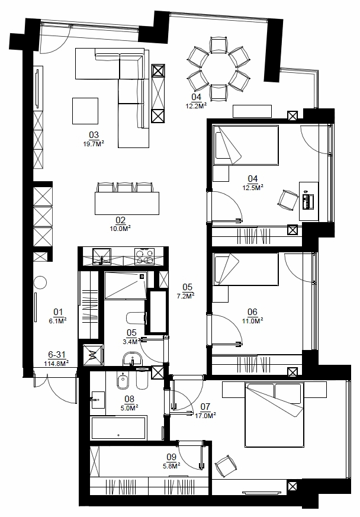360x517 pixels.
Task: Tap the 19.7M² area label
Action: click(94, 143)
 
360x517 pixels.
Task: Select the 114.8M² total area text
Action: click(56, 364)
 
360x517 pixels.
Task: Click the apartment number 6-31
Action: click(57, 355)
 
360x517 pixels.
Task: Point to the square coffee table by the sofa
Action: click(85, 111)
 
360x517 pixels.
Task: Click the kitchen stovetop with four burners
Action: click(144, 256)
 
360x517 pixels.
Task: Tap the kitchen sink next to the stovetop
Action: click(102, 257)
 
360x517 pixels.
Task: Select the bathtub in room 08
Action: click(118, 428)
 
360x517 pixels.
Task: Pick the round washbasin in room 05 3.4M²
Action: click(132, 359)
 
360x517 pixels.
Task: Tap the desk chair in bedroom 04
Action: click(288, 200)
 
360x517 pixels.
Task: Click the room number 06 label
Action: click(252, 312)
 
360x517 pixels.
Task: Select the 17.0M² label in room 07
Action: click(205, 416)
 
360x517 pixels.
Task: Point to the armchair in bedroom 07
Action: click(226, 465)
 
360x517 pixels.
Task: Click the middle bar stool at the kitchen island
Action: click(124, 188)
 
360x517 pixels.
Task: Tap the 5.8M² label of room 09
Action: click(172, 466)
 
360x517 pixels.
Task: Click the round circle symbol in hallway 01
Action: click(40, 282)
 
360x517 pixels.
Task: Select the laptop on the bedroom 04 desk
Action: click(308, 201)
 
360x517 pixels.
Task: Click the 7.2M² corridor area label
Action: click(185, 296)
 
